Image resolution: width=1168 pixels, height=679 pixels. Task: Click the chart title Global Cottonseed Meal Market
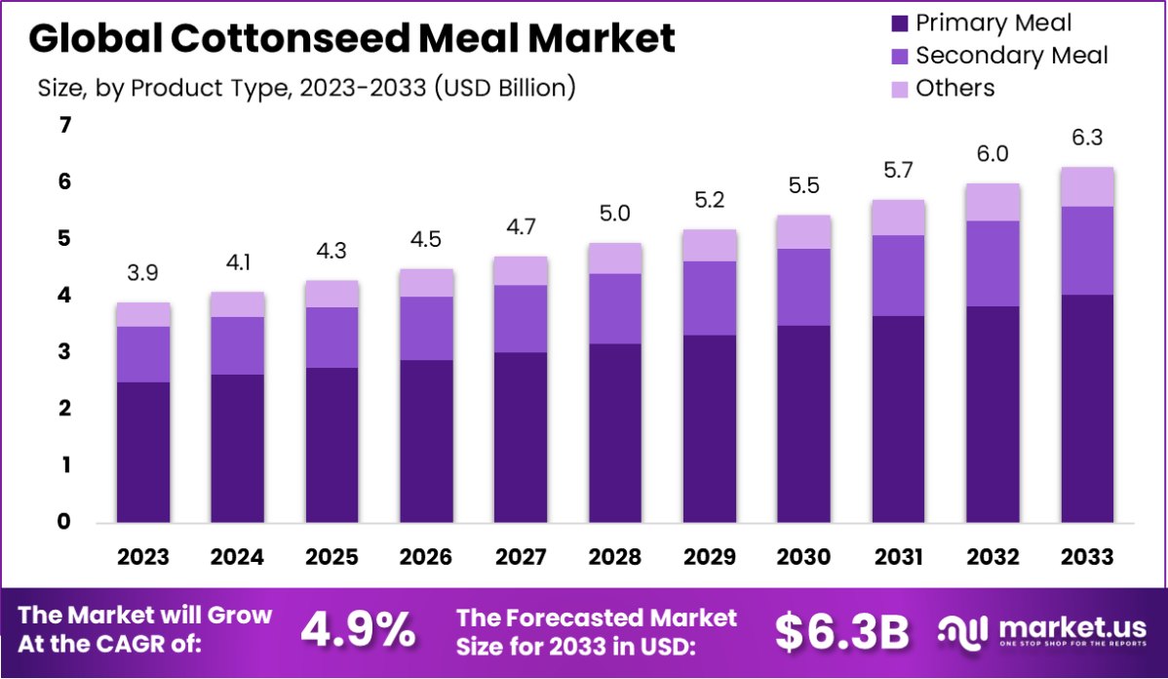point(351,39)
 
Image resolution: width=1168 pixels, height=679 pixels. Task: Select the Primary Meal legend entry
point(993,23)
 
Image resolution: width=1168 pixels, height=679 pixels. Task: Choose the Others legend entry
point(954,88)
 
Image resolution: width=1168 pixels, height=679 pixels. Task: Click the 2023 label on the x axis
point(143,557)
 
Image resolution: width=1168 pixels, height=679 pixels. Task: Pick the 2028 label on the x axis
point(614,557)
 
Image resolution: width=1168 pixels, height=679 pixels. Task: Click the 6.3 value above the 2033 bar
point(1087,140)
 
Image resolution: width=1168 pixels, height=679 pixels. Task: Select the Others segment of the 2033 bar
point(1087,187)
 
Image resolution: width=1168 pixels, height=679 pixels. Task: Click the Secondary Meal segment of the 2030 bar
point(804,287)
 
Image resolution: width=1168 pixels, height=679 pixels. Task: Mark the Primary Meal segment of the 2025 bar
point(332,445)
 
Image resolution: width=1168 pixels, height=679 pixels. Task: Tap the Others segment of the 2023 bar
point(143,314)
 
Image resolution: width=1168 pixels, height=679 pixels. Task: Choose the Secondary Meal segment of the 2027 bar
point(521,318)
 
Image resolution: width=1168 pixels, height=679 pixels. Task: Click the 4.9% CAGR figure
point(357,631)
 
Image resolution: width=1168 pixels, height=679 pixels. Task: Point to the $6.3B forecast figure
point(841,631)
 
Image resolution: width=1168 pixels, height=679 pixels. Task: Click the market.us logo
point(1044,631)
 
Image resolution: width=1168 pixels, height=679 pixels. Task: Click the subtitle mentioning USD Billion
point(306,88)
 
